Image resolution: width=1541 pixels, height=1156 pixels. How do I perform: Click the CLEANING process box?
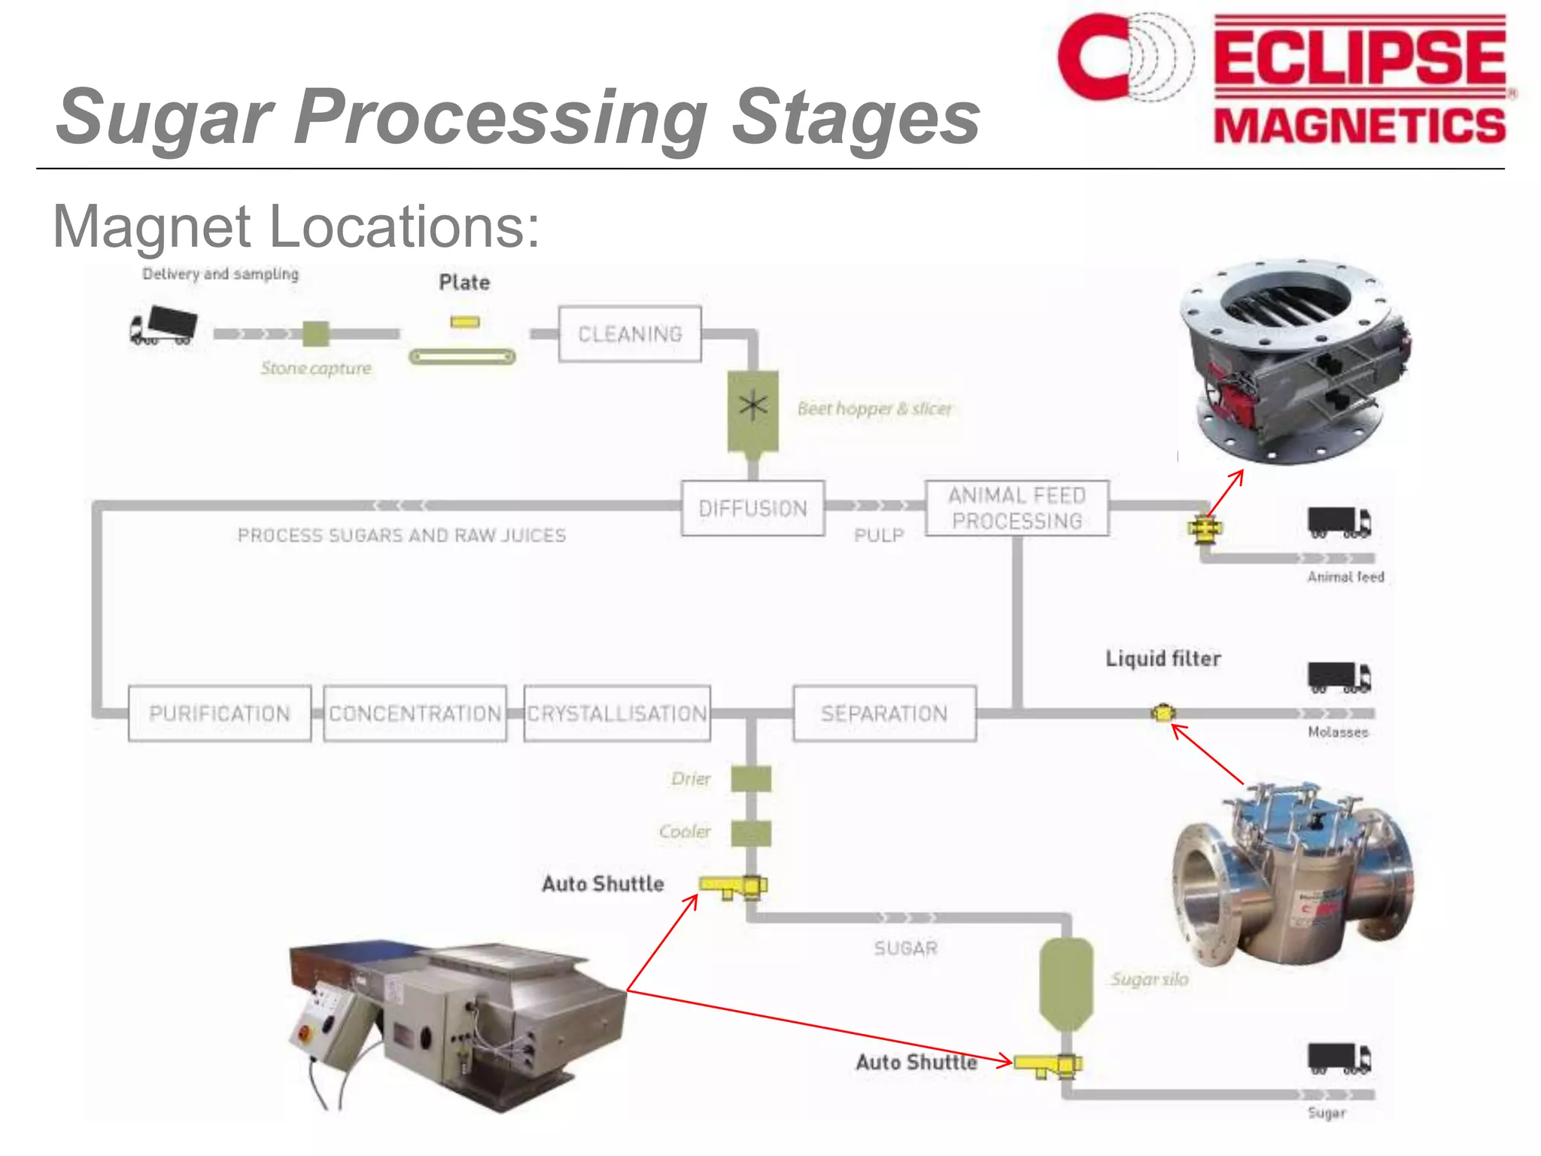pos(630,333)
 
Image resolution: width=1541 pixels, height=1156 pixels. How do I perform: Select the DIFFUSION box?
pos(752,508)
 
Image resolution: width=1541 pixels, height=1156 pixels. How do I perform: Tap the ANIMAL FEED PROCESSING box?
pos(1017,508)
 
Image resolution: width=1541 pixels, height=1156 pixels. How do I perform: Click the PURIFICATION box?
pos(219,713)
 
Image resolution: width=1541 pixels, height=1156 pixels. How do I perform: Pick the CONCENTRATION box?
pos(415,713)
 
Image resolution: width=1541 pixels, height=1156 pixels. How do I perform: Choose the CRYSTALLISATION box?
pos(616,713)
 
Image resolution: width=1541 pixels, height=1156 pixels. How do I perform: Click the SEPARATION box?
pos(884,713)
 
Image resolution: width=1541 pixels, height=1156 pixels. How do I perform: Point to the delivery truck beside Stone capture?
pos(163,326)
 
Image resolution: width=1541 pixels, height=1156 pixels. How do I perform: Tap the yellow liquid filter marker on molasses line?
pos(1163,712)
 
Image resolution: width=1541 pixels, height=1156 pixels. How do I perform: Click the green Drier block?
pos(751,779)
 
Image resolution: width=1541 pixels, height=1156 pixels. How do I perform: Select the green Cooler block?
pos(751,833)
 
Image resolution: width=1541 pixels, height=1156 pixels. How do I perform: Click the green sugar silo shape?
pos(1065,982)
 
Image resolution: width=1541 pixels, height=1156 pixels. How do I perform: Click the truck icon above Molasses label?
pos(1339,677)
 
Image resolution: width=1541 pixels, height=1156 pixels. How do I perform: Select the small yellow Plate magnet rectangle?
pos(465,322)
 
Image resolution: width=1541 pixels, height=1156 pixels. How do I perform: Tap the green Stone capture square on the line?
pos(316,333)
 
